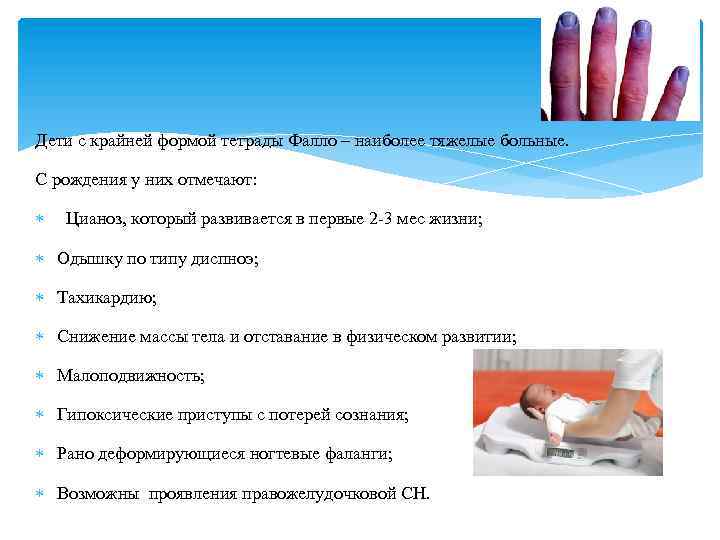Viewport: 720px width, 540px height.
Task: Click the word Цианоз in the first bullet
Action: point(95,218)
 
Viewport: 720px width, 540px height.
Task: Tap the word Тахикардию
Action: point(107,298)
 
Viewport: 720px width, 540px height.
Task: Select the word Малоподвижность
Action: point(130,376)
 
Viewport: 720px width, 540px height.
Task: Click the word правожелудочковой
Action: point(317,493)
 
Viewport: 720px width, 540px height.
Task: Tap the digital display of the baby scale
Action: point(560,452)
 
